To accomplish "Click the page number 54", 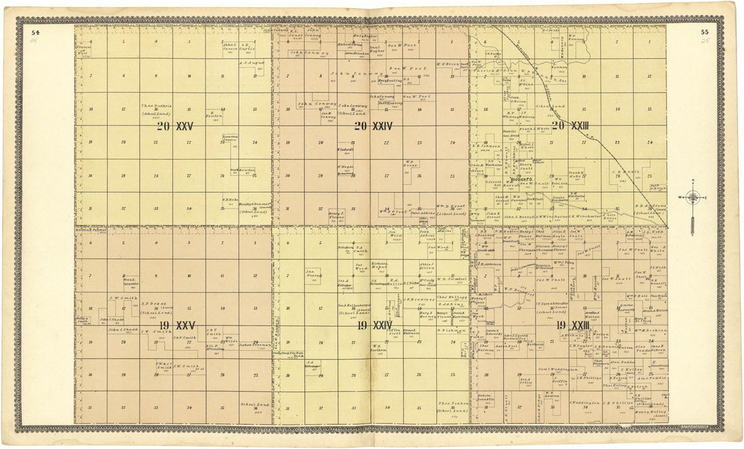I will pyautogui.click(x=35, y=32).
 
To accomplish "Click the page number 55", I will pyautogui.click(x=704, y=32).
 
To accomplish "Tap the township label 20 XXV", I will pyautogui.click(x=175, y=126).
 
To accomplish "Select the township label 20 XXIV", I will pyautogui.click(x=373, y=126).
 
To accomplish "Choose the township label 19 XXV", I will pyautogui.click(x=175, y=325).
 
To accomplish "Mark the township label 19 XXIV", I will pyautogui.click(x=374, y=325).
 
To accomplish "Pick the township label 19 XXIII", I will pyautogui.click(x=572, y=325).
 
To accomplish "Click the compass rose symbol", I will pyautogui.click(x=693, y=198).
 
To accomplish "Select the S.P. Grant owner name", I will pyautogui.click(x=156, y=304).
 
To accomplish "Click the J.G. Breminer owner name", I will pyautogui.click(x=417, y=298).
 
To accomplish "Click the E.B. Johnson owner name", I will pyautogui.click(x=486, y=146).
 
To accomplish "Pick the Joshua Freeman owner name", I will pyautogui.click(x=254, y=344).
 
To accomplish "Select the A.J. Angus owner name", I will pyautogui.click(x=251, y=63).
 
